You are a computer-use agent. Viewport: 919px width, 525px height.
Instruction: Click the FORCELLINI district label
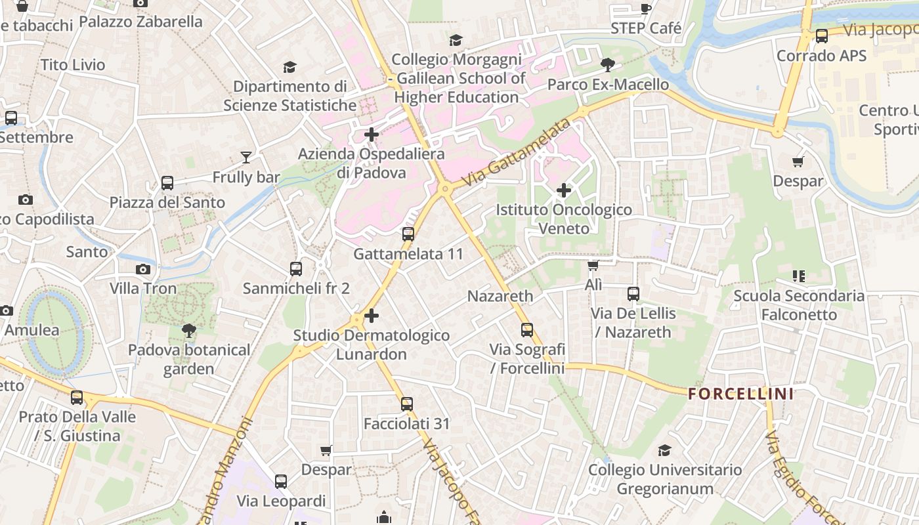(x=740, y=394)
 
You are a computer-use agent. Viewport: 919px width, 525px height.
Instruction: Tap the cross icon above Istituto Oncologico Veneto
(x=563, y=191)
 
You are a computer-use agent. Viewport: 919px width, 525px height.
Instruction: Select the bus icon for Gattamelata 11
(x=408, y=234)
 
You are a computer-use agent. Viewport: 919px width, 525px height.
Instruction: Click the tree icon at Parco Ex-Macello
(x=608, y=65)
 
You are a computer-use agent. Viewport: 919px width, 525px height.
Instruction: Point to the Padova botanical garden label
(x=189, y=359)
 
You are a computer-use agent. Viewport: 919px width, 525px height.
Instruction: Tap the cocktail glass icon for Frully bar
(x=246, y=157)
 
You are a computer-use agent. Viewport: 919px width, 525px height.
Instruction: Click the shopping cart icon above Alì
(x=593, y=266)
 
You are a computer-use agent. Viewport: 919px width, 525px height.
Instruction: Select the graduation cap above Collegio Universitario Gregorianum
(x=664, y=451)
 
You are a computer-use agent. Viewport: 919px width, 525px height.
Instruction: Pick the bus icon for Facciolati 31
(x=407, y=404)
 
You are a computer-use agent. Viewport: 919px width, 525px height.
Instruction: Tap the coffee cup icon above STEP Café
(x=645, y=9)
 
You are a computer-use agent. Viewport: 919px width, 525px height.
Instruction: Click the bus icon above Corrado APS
(x=821, y=36)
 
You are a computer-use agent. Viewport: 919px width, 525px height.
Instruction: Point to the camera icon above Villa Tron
(x=142, y=269)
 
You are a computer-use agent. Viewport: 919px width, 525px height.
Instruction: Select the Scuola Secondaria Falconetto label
(x=799, y=305)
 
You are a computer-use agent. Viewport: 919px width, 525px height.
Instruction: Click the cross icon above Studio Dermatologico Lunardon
(x=372, y=316)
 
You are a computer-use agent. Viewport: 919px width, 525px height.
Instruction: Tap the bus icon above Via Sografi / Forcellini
(x=526, y=330)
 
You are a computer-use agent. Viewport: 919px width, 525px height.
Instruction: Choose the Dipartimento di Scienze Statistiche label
(x=289, y=96)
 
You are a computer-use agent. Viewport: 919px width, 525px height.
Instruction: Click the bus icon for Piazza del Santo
(x=167, y=183)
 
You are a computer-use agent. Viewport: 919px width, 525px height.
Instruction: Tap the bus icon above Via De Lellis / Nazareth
(x=633, y=294)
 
